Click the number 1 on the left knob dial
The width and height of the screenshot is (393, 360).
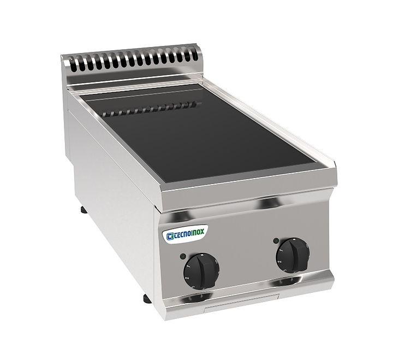point(188,265)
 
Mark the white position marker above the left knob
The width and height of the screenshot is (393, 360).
point(200,255)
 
